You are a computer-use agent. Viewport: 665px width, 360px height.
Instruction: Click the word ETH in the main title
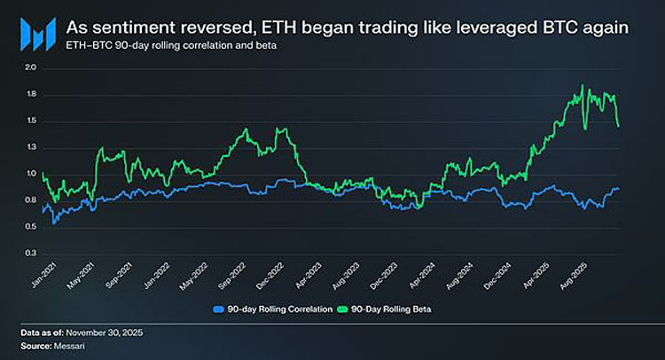coord(278,27)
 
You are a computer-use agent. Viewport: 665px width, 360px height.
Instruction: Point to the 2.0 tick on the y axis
coord(30,67)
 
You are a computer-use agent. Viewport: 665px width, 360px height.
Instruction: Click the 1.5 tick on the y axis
coord(30,121)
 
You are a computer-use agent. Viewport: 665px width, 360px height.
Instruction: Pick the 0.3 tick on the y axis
coord(30,254)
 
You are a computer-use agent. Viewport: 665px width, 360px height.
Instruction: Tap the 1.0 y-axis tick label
coord(30,174)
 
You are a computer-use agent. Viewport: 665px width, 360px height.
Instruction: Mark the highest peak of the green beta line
coord(582,85)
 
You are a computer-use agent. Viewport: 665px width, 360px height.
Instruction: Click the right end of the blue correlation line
coord(619,188)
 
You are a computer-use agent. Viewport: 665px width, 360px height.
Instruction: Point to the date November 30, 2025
coord(107,332)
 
